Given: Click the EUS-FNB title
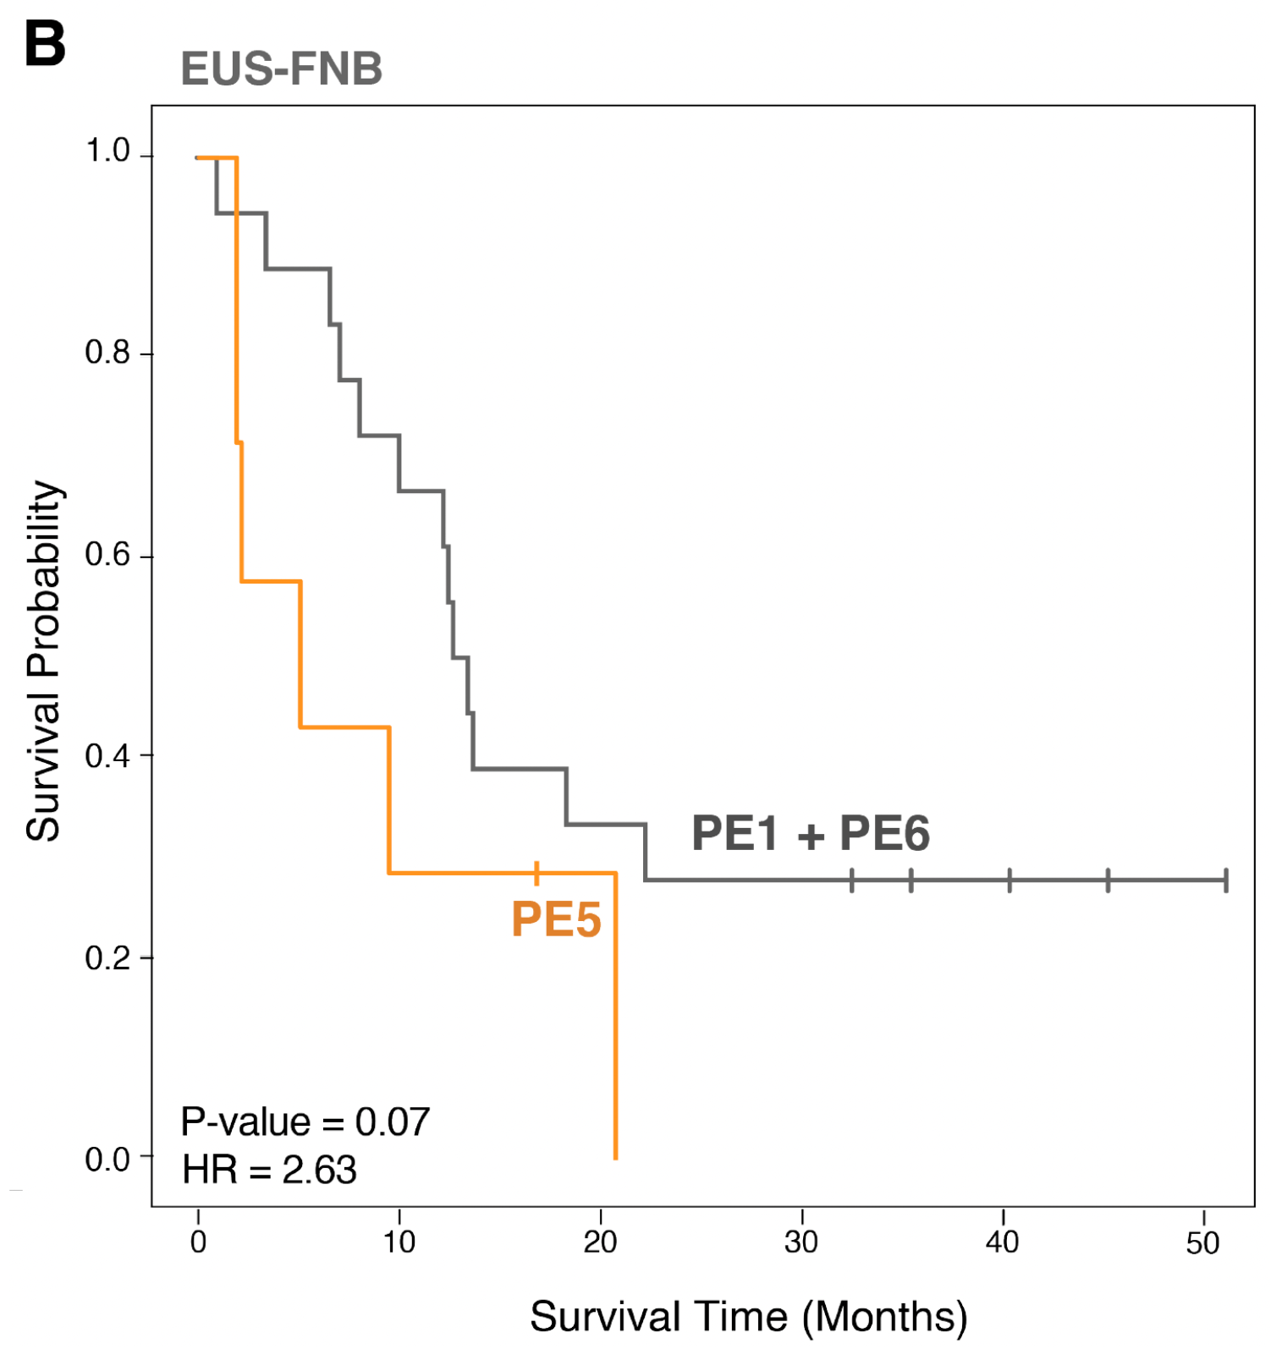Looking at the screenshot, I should [x=281, y=69].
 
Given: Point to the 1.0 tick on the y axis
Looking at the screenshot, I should [x=107, y=151].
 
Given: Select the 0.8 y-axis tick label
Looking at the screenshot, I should [x=107, y=352].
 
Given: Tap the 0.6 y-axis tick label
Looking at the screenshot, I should [x=107, y=554].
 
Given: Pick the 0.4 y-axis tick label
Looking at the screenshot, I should [x=107, y=755].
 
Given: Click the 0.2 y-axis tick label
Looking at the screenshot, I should [x=107, y=957].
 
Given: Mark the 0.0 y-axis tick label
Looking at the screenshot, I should [x=107, y=1159].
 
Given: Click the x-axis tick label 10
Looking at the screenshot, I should [x=399, y=1242].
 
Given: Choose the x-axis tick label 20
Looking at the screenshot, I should [x=600, y=1242].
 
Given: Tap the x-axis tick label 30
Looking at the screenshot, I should [x=801, y=1242].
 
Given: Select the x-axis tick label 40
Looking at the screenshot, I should [x=1003, y=1242].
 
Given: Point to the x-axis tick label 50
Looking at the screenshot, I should [x=1202, y=1242].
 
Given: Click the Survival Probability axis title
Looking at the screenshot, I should [x=44, y=661].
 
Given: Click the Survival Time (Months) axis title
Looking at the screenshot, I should [x=748, y=1317].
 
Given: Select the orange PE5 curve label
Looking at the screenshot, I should [x=556, y=919].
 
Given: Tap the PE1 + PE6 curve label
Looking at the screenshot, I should [x=810, y=834].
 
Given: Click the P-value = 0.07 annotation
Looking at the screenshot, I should [x=305, y=1122].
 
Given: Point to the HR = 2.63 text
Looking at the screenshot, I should [x=269, y=1171].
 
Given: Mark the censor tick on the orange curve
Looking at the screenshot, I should [x=536, y=873].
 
